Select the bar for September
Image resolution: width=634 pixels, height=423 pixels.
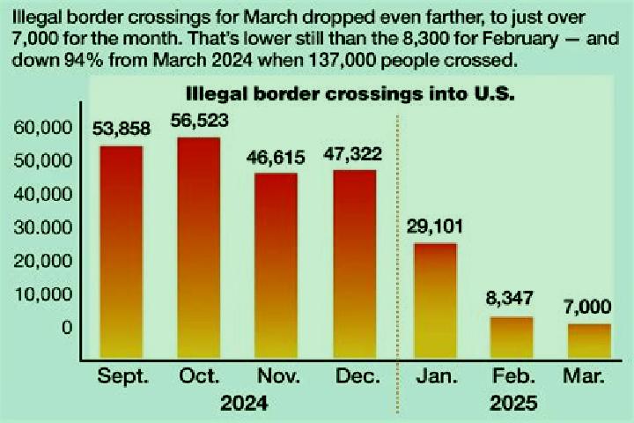pos(122,252)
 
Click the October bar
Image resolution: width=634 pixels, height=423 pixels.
pos(199,248)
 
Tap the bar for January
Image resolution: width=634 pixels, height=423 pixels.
pos(436,301)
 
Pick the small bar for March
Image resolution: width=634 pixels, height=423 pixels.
pos(589,341)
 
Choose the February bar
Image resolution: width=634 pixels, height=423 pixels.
pos(512,338)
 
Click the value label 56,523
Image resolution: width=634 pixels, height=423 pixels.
pos(199,121)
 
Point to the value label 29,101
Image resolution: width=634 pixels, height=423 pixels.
pos(435,226)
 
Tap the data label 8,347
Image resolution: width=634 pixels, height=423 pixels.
pos(510,299)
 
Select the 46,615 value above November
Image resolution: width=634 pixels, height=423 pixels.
pos(276,158)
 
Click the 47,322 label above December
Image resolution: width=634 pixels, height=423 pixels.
pos(352,154)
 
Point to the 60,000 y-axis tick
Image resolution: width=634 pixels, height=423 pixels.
pos(43,128)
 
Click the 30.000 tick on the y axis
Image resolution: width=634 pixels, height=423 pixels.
pos(43,228)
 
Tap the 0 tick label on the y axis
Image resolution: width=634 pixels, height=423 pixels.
pos(67,328)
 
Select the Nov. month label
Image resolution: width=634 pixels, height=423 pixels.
pos(279,376)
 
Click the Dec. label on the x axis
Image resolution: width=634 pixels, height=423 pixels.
pos(358,376)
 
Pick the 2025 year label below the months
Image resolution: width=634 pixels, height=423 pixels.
pos(513,403)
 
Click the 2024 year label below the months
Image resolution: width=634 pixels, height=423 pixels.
pos(244,403)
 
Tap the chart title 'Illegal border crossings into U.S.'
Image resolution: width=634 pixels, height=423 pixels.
pos(350,94)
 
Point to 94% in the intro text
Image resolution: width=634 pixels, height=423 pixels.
pos(85,61)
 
